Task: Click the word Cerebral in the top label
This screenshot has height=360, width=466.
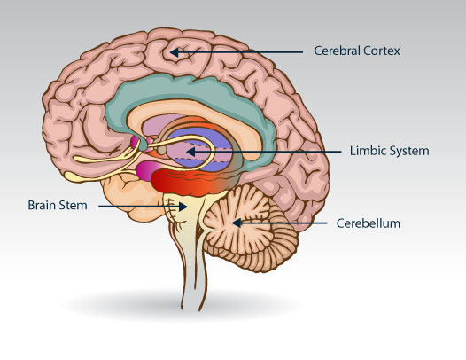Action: pos(337,51)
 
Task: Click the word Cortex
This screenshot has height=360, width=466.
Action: pos(381,51)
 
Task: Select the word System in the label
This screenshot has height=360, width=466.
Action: pos(409,151)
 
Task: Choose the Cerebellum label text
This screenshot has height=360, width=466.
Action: pos(369,223)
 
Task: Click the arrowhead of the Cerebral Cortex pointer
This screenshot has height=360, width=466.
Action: pos(175,52)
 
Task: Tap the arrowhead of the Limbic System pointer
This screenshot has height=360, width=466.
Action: pos(190,152)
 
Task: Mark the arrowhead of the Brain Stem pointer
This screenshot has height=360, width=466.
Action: pos(183,207)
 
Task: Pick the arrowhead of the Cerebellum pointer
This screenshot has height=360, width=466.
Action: pos(237,223)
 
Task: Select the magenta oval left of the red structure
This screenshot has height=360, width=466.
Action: pos(145,170)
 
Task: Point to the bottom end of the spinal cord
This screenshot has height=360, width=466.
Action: pos(190,309)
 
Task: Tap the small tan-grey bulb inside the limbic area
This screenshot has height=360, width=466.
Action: pos(161,150)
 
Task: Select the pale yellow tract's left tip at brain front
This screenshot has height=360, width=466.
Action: pos(67,176)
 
